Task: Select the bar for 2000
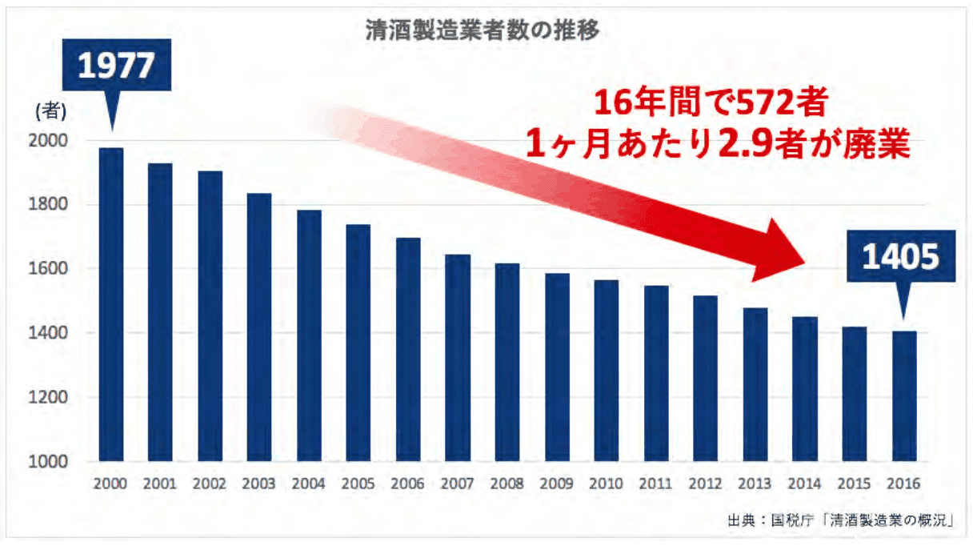pos(111,304)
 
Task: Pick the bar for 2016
pos(904,396)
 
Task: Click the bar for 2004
pos(309,335)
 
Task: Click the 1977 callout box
pos(115,66)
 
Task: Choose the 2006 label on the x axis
pos(408,484)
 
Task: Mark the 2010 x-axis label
pos(607,484)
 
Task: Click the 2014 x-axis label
pos(805,484)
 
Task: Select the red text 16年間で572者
pos(704,103)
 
